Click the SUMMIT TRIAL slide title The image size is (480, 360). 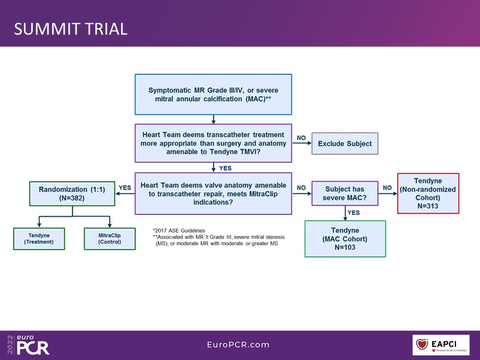pos(71,29)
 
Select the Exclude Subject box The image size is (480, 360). pos(344,143)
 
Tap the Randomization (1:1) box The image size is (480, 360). pos(72,193)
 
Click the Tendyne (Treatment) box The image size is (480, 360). pos(38,238)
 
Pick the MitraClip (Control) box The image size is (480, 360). pos(109,238)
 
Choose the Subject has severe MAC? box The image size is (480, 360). pos(344,193)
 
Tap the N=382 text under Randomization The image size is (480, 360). pos(72,198)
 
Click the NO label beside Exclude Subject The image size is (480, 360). pos(301,138)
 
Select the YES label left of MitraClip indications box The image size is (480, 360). pos(125,188)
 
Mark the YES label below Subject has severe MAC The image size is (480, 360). pos(353,212)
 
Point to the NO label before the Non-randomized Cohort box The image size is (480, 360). pos(387,188)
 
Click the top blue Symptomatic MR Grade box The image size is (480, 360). pos(213,94)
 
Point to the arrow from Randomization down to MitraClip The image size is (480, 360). pos(110,222)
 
